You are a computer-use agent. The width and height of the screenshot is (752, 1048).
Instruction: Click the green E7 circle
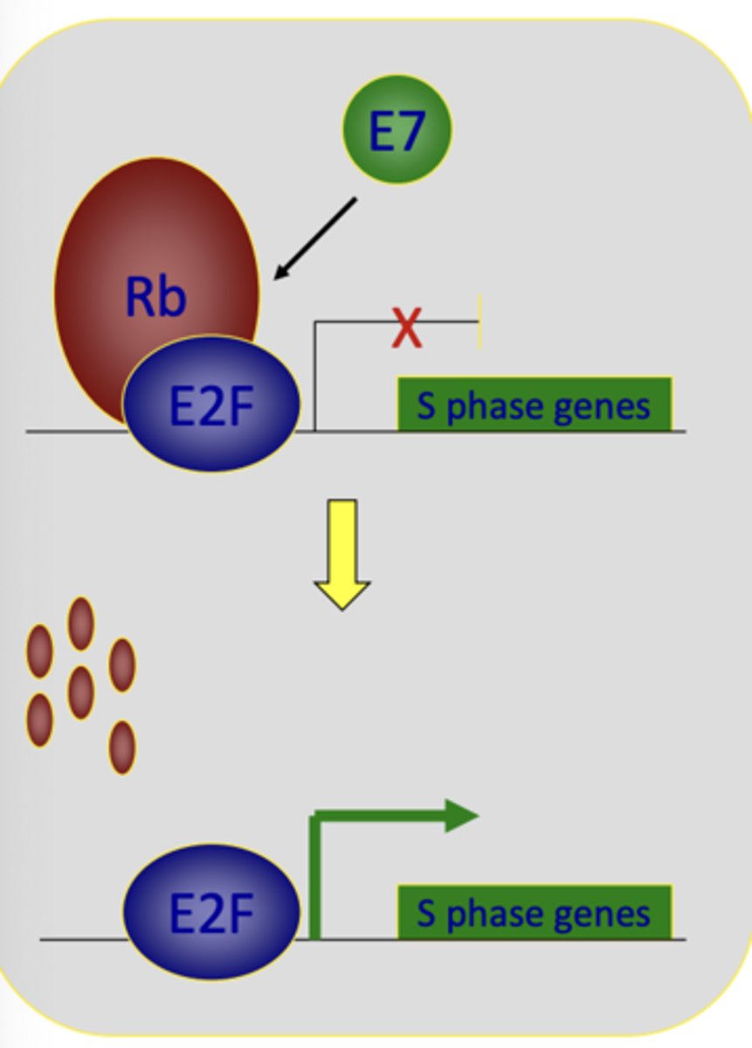[397, 129]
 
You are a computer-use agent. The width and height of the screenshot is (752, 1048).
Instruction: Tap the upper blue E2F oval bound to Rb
[211, 404]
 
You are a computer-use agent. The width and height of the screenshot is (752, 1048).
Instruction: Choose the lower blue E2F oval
[211, 913]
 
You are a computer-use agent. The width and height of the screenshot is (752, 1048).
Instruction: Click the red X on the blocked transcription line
[406, 328]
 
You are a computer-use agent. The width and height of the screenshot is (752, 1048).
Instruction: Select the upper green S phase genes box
[535, 404]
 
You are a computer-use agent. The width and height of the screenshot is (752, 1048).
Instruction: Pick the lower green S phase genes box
[535, 913]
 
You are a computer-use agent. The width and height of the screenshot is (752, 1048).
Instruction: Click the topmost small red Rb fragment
[81, 624]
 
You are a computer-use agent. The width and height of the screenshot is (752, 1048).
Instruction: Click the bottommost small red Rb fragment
[122, 748]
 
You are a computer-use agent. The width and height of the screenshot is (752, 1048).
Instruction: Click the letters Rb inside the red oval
[155, 297]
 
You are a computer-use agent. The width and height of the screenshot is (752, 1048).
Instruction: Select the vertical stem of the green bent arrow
[314, 878]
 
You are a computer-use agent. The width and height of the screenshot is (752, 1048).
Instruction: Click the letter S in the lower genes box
[426, 914]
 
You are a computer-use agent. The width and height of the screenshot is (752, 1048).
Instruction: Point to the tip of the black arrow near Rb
[276, 278]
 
